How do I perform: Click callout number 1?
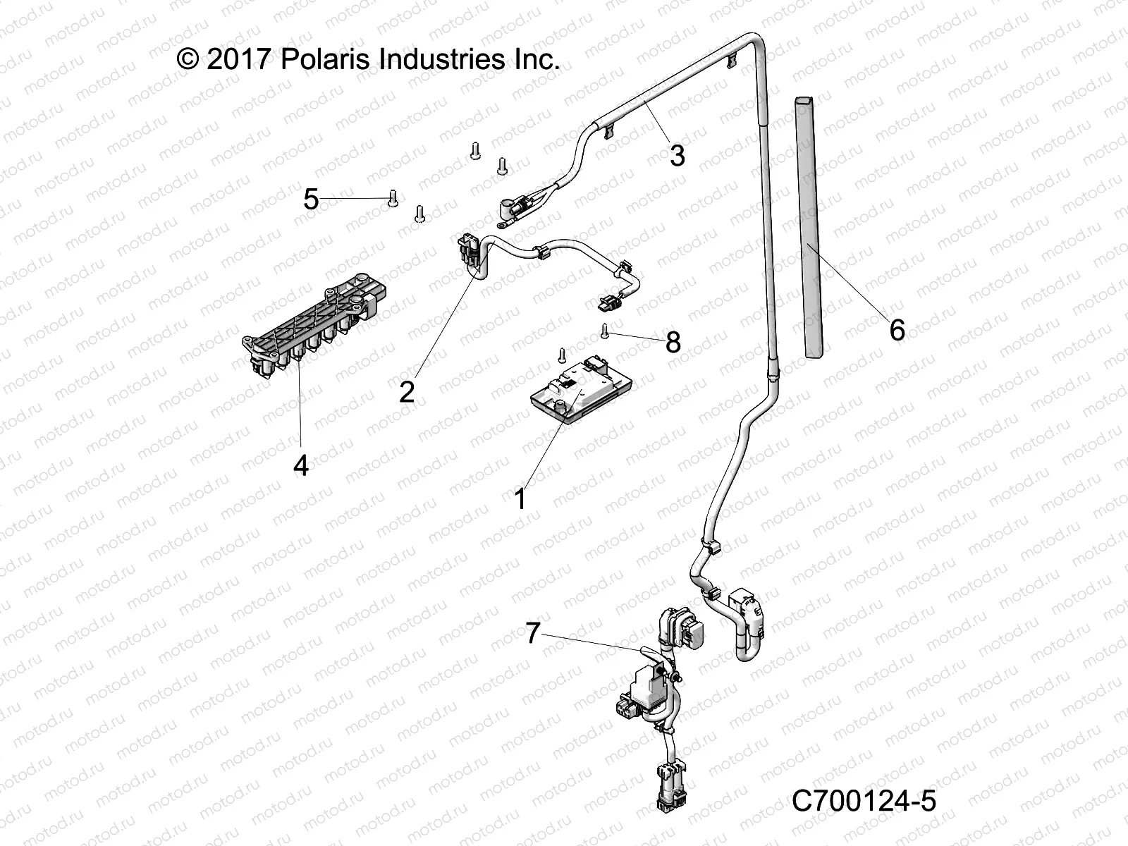(x=520, y=499)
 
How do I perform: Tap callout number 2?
(x=407, y=391)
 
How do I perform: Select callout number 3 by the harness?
(x=677, y=155)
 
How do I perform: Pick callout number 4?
(x=301, y=465)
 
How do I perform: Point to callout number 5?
(x=311, y=200)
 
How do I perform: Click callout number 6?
(x=897, y=329)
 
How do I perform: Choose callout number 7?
(x=532, y=633)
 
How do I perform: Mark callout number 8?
(x=673, y=343)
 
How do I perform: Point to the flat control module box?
(x=580, y=396)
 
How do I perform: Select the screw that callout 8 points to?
(x=605, y=330)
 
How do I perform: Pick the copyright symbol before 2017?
(x=188, y=59)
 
